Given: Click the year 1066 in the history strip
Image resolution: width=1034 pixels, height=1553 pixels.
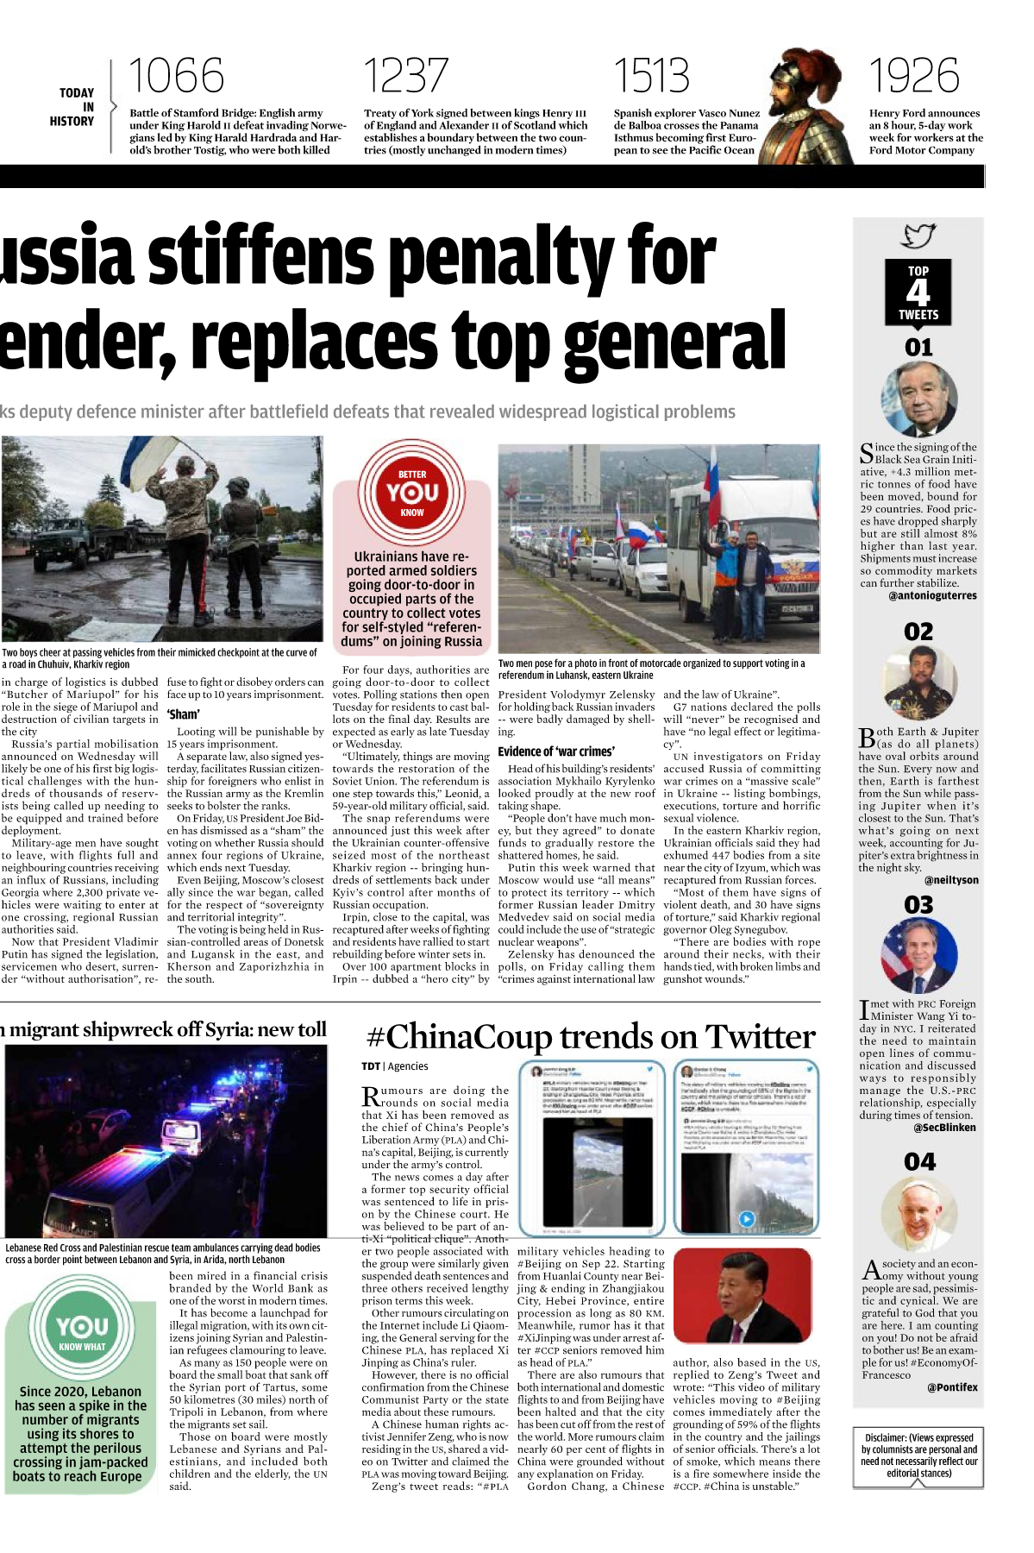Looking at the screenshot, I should [176, 76].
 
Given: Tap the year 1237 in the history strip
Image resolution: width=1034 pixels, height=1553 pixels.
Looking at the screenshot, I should [405, 76].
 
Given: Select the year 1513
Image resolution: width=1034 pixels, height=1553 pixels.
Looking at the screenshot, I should [651, 76].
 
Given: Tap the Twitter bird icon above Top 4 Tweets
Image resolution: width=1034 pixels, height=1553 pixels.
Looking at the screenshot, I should [918, 236].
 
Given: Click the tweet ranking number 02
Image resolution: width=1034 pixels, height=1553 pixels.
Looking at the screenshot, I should [918, 632].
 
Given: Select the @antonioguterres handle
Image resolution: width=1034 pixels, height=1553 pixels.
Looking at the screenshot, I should [932, 595].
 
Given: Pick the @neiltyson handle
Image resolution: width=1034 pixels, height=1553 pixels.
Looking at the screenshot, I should [950, 880].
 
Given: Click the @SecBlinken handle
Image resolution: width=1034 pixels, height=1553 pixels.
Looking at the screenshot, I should [944, 1127].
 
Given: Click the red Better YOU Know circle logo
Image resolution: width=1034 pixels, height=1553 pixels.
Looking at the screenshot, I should [412, 493].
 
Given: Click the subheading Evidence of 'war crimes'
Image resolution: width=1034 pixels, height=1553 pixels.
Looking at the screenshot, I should [556, 751].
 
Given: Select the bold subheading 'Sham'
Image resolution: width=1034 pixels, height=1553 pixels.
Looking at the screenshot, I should [183, 714].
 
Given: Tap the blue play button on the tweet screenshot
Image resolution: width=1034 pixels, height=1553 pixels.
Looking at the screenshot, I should [747, 1219].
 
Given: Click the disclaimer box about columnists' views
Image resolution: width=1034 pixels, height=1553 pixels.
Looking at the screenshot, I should [918, 1456].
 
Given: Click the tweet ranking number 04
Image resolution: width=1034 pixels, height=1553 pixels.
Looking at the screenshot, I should [918, 1161].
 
